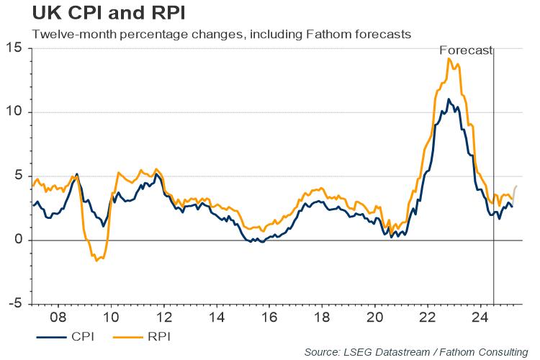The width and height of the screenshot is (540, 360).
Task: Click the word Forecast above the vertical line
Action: coord(466,50)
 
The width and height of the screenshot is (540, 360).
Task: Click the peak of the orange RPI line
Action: coord(449,58)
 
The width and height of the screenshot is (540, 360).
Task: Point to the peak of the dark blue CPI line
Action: coord(449,99)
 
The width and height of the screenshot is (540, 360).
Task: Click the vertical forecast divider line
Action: coord(493,180)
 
